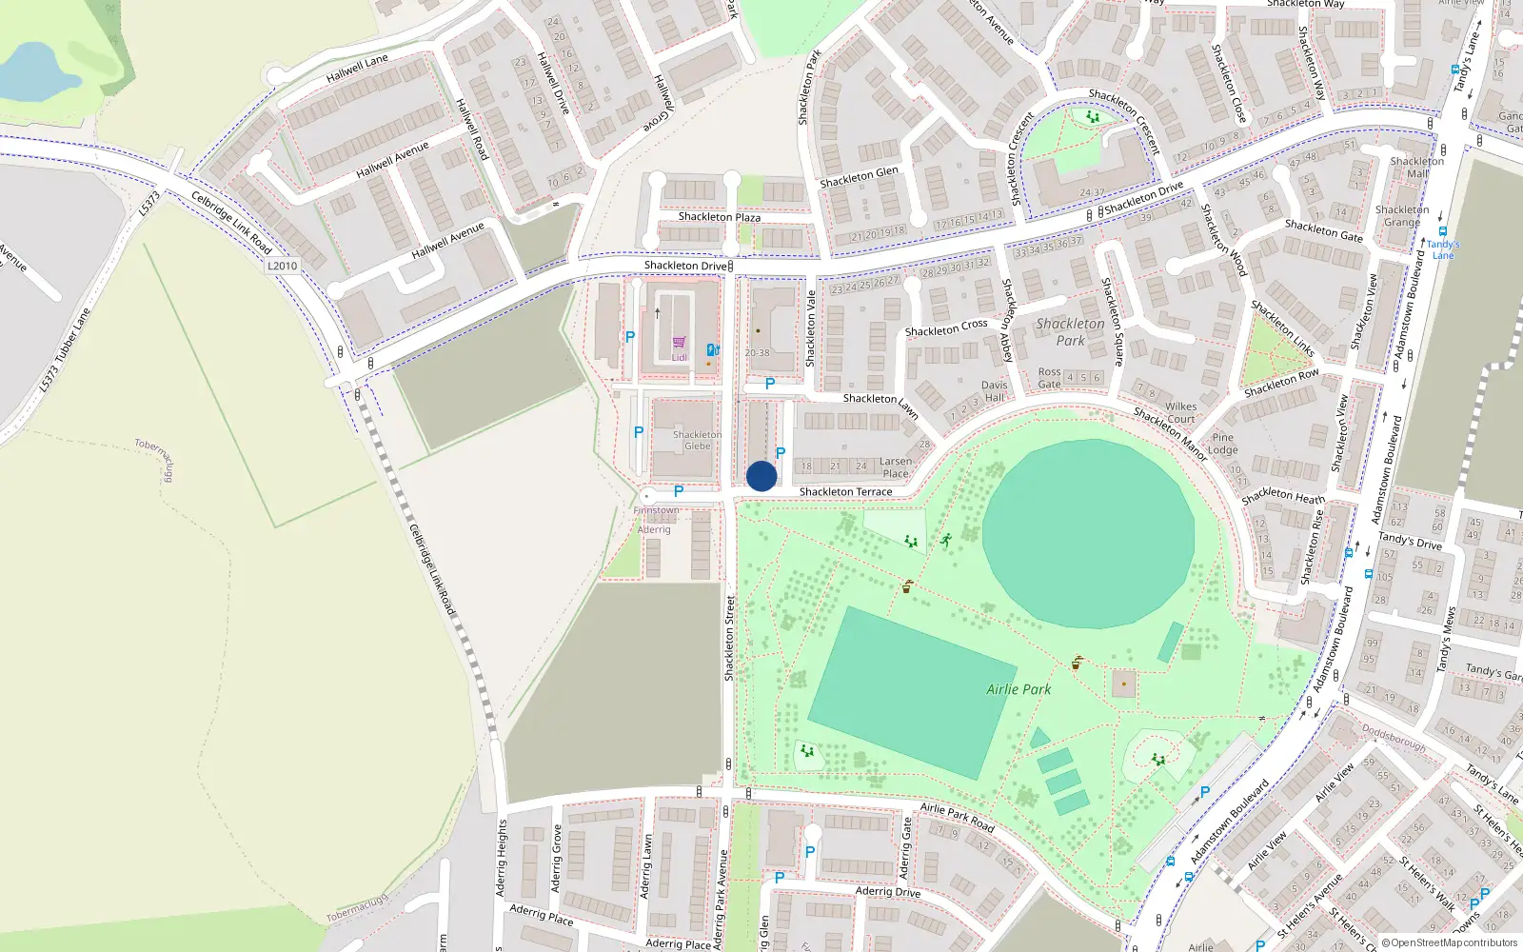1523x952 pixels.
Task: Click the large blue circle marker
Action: tap(761, 477)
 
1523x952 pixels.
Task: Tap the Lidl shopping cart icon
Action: tap(679, 343)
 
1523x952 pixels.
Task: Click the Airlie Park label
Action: tap(1019, 689)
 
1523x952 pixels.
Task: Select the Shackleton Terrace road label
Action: tap(845, 492)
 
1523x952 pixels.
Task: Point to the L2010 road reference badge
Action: tap(283, 266)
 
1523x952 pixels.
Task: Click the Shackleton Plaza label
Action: tap(719, 217)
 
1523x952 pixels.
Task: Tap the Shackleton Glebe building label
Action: tap(697, 440)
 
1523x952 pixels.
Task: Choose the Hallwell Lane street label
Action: tap(357, 69)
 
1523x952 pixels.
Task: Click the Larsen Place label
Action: tap(895, 467)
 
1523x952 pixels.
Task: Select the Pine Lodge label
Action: tap(1222, 444)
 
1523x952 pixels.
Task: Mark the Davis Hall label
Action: tap(994, 391)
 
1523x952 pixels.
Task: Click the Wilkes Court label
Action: tap(1180, 412)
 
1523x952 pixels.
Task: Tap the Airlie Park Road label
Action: tap(957, 817)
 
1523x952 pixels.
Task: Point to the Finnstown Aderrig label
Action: tap(656, 520)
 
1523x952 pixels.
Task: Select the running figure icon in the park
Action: tap(946, 541)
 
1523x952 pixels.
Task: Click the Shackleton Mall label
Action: tap(1416, 168)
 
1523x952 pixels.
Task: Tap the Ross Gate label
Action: tap(1049, 378)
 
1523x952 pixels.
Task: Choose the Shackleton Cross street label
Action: tap(946, 328)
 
